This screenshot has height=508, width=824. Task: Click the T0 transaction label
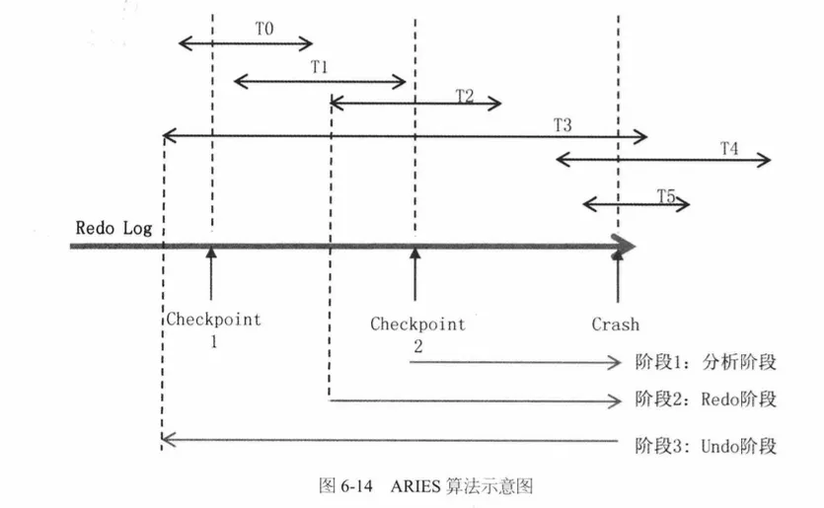click(263, 30)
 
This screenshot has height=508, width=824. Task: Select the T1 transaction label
click(319, 67)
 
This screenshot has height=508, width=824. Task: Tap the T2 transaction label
click(465, 95)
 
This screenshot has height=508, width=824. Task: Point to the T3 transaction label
click(562, 124)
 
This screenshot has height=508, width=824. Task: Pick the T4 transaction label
click(728, 149)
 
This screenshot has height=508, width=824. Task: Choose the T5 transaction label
click(666, 195)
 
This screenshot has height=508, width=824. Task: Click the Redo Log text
click(114, 228)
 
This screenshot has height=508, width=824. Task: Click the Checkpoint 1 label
click(213, 328)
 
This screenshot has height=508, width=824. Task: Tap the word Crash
click(616, 324)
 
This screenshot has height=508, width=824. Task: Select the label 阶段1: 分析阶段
click(707, 362)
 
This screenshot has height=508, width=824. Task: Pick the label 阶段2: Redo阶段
click(707, 399)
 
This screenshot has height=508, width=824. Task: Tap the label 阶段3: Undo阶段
click(707, 446)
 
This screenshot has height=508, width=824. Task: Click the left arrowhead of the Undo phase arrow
click(166, 437)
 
